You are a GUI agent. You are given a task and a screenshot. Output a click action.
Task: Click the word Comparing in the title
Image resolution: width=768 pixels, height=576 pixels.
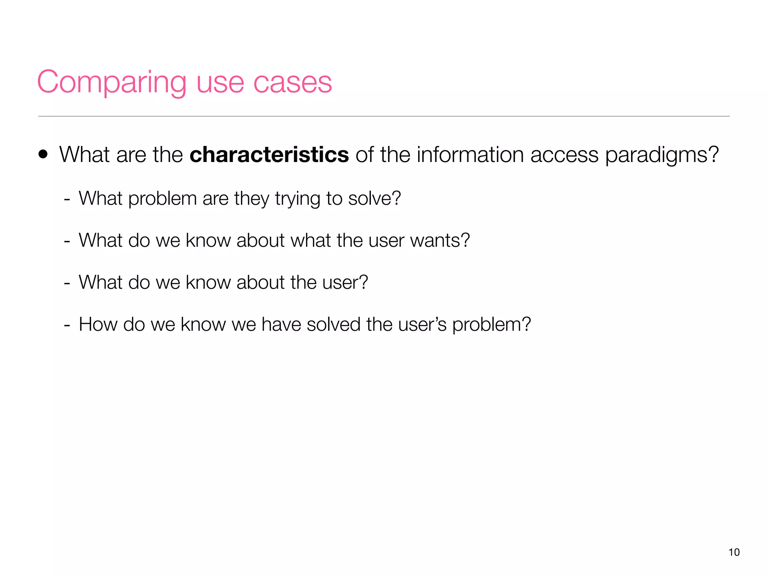111,82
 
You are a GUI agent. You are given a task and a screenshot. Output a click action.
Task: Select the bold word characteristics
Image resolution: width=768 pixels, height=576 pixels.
269,154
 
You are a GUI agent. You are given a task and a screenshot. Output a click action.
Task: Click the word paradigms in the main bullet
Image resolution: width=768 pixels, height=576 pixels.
662,155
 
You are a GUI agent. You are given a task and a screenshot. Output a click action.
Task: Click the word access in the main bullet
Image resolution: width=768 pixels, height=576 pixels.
564,155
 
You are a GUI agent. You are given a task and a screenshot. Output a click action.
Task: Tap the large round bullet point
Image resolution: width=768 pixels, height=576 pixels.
43,154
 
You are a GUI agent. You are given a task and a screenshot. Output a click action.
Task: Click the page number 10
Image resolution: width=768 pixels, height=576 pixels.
734,552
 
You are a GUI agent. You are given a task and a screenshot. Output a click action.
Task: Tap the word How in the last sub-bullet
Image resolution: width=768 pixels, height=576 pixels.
98,324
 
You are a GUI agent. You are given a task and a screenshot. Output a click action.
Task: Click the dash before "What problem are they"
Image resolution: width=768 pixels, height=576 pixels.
67,199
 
